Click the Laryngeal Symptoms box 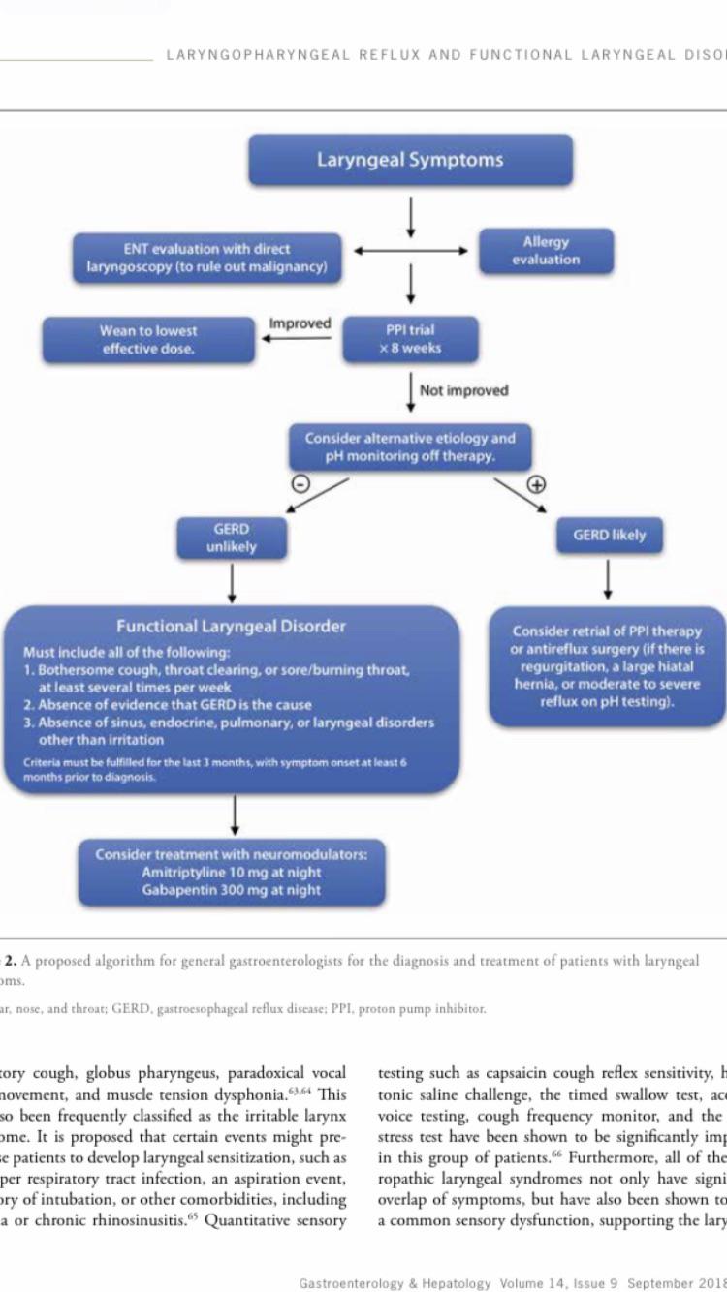[410, 160]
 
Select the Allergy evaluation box [546, 251]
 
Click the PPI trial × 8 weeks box [410, 339]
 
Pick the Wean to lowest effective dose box [147, 340]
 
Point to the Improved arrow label [300, 323]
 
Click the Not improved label [463, 390]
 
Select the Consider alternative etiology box [410, 446]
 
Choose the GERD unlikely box [231, 538]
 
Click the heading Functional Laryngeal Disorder [231, 626]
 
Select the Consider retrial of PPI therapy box [608, 665]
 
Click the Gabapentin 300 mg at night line [231, 890]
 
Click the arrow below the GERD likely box [608, 579]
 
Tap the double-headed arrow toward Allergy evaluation [410, 251]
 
